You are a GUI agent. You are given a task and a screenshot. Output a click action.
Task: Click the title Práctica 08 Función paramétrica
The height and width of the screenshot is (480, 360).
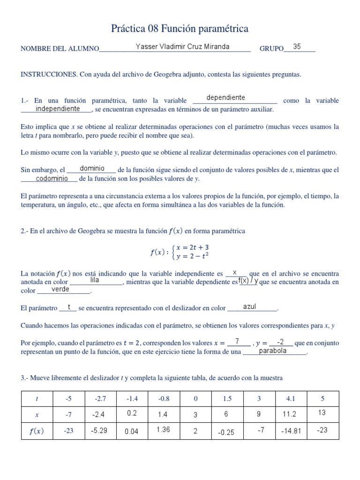(180, 29)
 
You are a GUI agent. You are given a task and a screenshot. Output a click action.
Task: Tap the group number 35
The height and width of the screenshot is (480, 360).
(297, 47)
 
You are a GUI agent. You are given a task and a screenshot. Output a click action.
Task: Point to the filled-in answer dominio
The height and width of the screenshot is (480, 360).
(92, 168)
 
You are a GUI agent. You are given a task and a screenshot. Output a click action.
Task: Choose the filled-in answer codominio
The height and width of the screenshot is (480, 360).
(52, 179)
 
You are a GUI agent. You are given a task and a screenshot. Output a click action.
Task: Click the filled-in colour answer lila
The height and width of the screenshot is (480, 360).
(94, 280)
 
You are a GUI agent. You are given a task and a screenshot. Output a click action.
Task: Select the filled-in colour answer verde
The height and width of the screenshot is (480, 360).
(60, 290)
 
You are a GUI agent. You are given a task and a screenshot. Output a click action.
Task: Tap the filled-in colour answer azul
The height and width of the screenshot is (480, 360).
(249, 307)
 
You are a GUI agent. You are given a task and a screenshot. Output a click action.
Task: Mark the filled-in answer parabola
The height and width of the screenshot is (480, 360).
(273, 351)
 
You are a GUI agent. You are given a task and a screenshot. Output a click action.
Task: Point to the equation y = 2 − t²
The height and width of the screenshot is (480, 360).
(192, 256)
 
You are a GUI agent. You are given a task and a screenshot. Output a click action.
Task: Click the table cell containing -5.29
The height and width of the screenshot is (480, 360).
(100, 430)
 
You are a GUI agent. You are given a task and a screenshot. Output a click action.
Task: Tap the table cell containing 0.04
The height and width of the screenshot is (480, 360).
(132, 431)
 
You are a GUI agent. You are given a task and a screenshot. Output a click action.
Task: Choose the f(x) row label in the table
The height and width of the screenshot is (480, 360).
(37, 431)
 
